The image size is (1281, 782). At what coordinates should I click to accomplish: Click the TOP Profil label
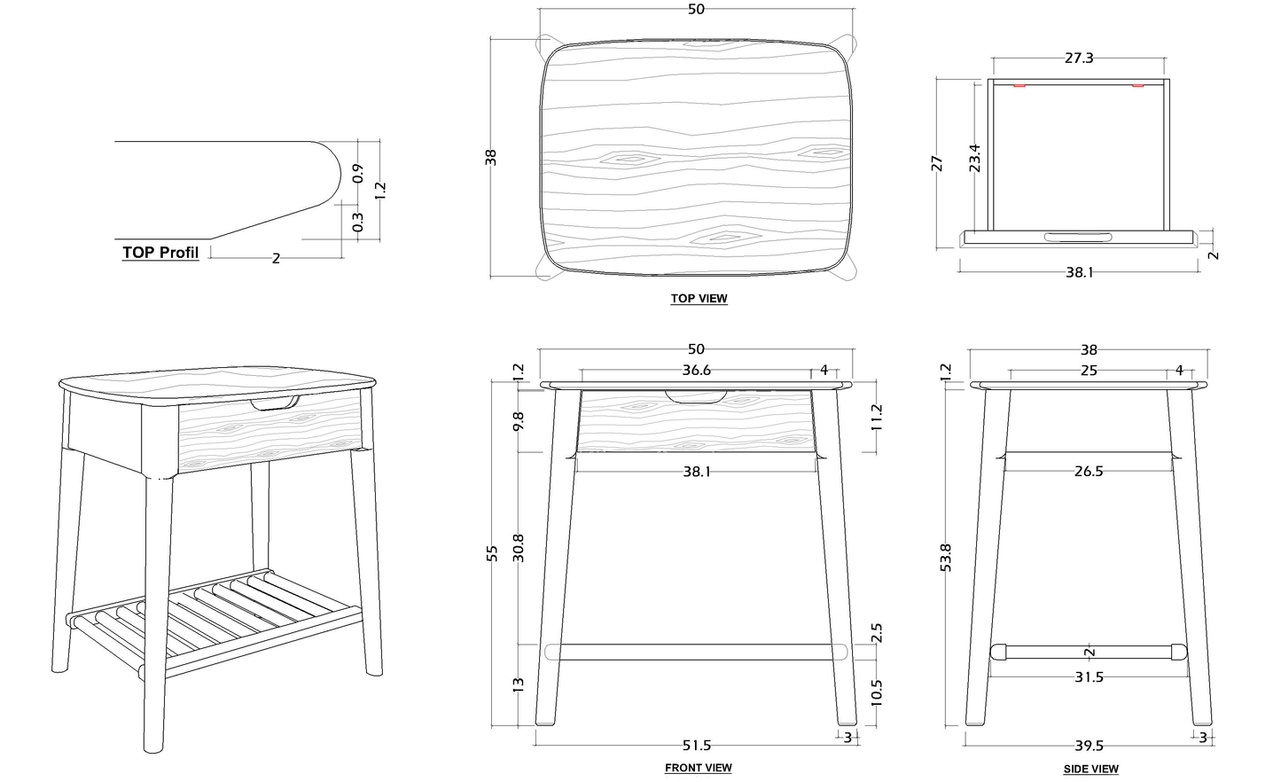pyautogui.click(x=160, y=252)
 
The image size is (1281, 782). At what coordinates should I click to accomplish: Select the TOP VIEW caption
pyautogui.click(x=699, y=299)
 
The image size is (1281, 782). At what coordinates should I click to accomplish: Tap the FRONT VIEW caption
pyautogui.click(x=698, y=768)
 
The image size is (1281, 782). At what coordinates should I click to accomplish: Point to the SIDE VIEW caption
pyautogui.click(x=1090, y=769)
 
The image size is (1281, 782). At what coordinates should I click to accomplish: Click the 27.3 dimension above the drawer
pyautogui.click(x=1078, y=58)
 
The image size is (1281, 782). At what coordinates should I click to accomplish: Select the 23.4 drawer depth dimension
pyautogui.click(x=974, y=157)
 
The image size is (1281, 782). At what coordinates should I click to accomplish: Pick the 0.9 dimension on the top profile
pyautogui.click(x=358, y=173)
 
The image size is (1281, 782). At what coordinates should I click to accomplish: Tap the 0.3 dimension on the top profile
pyautogui.click(x=358, y=221)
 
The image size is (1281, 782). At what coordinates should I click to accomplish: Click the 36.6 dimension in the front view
pyautogui.click(x=696, y=371)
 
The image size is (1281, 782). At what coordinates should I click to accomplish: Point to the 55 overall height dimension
pyautogui.click(x=493, y=553)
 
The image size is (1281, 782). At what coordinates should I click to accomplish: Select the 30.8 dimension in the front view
pyautogui.click(x=519, y=547)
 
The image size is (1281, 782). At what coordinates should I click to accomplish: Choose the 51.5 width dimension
pyautogui.click(x=696, y=746)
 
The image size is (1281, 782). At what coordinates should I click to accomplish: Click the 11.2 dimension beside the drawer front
pyautogui.click(x=877, y=417)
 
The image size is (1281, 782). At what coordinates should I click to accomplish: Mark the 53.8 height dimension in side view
pyautogui.click(x=945, y=559)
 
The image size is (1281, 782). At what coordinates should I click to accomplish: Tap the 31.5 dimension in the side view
pyautogui.click(x=1088, y=676)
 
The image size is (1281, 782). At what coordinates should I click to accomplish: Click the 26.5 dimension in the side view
pyautogui.click(x=1088, y=471)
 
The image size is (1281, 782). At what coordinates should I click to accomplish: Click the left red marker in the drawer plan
pyautogui.click(x=1019, y=86)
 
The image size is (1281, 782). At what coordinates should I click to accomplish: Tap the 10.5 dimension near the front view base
pyautogui.click(x=877, y=691)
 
